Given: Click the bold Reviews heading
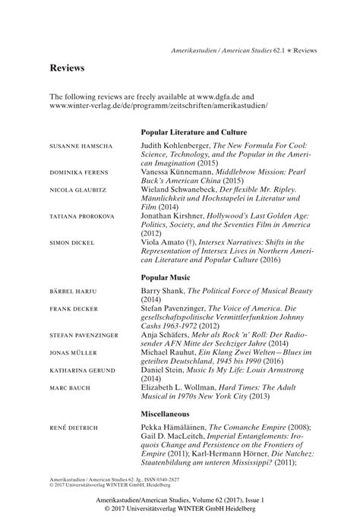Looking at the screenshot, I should (x=67, y=68).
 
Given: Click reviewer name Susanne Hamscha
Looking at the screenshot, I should (x=78, y=144).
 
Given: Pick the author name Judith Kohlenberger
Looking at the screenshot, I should (x=180, y=144).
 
